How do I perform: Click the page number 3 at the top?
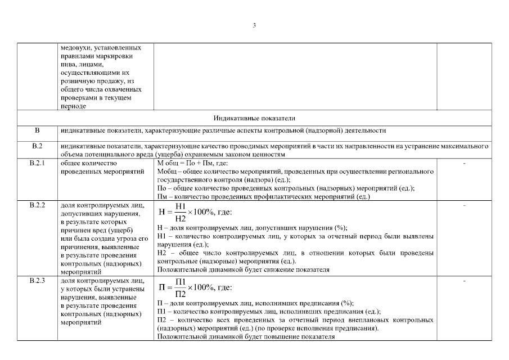254,25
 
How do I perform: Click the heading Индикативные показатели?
254,118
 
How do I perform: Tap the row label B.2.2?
38,205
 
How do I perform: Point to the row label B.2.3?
38,281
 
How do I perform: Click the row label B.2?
38,147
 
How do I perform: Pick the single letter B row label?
38,131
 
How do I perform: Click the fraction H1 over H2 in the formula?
181,213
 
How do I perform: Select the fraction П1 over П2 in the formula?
181,287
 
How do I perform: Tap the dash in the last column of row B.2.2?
464,205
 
